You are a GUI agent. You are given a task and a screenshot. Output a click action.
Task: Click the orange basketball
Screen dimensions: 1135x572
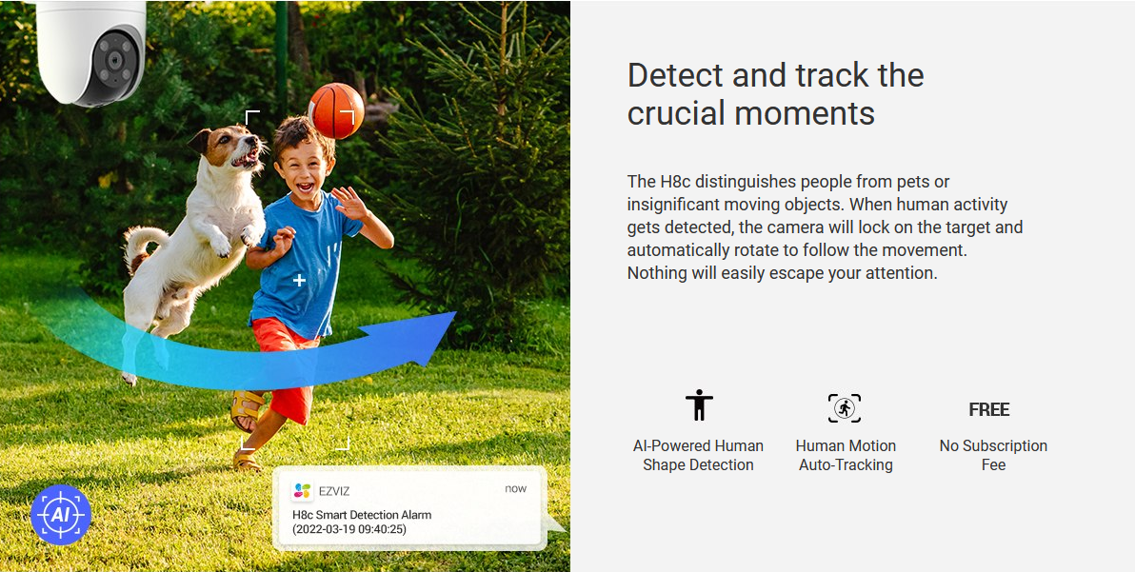(x=336, y=110)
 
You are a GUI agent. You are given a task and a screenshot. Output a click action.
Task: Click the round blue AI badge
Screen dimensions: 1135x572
(x=61, y=514)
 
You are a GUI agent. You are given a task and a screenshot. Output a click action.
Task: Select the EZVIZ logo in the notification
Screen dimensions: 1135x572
(x=302, y=491)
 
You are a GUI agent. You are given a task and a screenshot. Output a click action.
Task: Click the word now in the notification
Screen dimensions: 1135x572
(x=515, y=489)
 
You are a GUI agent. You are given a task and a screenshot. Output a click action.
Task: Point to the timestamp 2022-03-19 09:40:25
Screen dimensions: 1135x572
(x=349, y=529)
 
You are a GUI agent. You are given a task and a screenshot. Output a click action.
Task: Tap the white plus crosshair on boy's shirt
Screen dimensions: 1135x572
(x=299, y=280)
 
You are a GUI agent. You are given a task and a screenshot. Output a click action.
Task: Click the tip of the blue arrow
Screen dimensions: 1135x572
(x=456, y=312)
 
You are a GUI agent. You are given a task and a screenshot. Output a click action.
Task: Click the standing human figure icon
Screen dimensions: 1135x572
(x=699, y=404)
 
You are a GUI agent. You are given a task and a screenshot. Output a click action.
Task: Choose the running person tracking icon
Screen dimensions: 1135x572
(x=844, y=408)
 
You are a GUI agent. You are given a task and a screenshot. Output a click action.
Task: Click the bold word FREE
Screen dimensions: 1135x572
(x=988, y=410)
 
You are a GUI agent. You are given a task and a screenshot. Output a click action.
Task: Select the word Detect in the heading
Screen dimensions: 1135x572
(x=678, y=76)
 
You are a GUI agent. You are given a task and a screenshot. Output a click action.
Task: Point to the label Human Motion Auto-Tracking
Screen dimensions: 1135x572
(x=846, y=456)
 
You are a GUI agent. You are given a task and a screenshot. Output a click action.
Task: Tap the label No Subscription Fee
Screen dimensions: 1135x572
(x=993, y=456)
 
